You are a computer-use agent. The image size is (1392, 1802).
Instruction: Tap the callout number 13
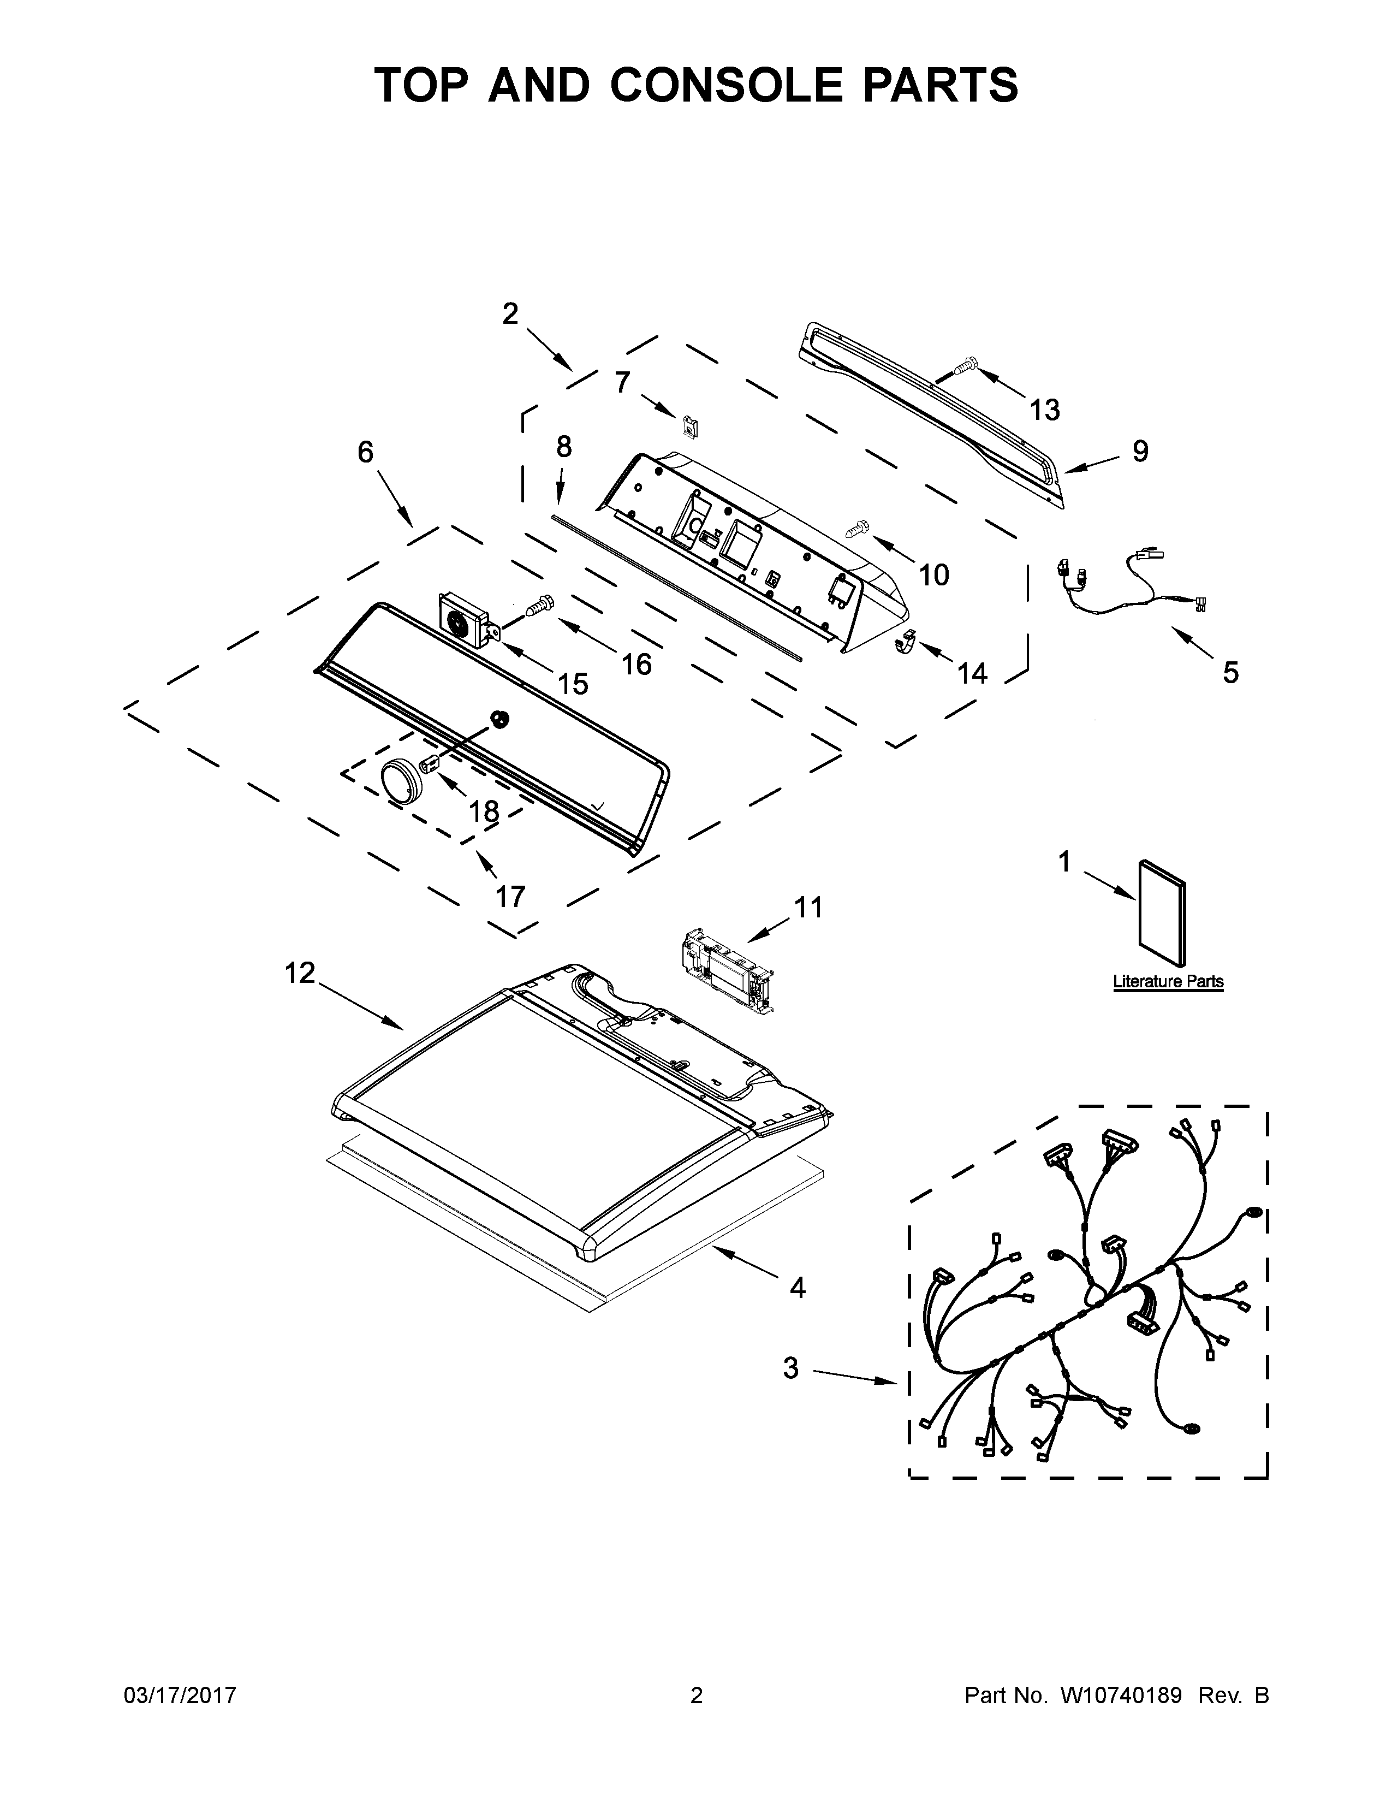(x=1045, y=410)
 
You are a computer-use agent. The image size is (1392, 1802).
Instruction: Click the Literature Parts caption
(x=1168, y=982)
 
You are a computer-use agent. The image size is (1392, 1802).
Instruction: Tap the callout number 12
(x=300, y=974)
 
